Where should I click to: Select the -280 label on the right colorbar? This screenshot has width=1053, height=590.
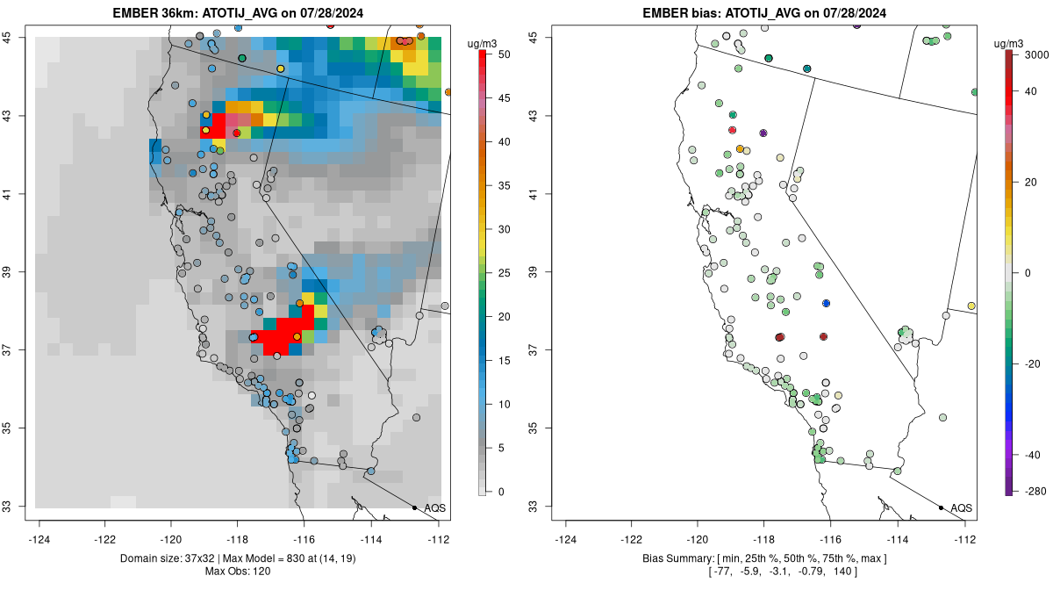pyautogui.click(x=1033, y=490)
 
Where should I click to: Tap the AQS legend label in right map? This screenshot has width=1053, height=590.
pyautogui.click(x=962, y=507)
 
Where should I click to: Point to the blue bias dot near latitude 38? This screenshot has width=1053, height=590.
pyautogui.click(x=826, y=303)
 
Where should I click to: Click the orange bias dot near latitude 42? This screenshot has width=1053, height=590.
pyautogui.click(x=740, y=149)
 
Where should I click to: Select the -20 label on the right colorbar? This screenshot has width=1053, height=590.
pyautogui.click(x=1033, y=363)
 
